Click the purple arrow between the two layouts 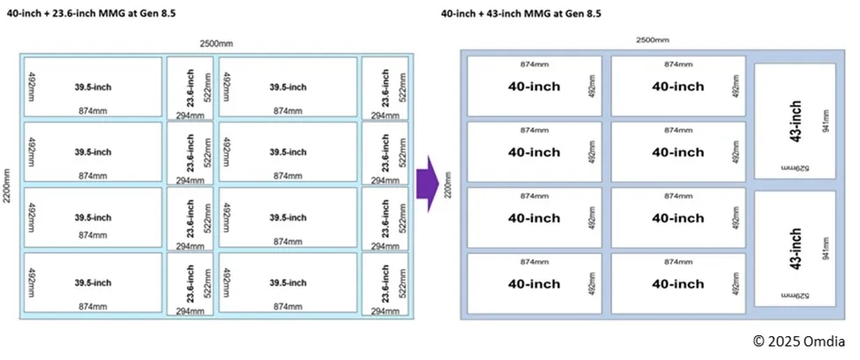click(x=428, y=184)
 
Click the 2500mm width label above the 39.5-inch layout click(x=216, y=43)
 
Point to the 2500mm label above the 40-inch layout click(x=653, y=40)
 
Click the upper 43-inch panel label click(x=796, y=121)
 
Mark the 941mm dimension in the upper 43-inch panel click(x=825, y=121)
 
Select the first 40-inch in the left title click(x=21, y=13)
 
